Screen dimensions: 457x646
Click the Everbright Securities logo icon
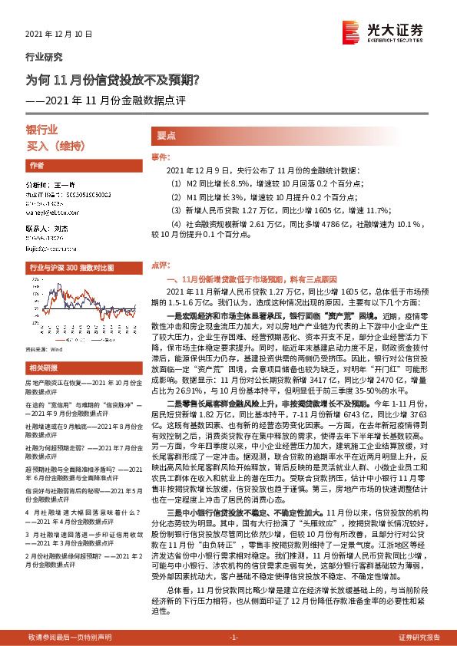click(x=352, y=31)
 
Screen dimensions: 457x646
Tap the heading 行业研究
click(x=45, y=57)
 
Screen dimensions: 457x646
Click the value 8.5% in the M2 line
click(x=240, y=184)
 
